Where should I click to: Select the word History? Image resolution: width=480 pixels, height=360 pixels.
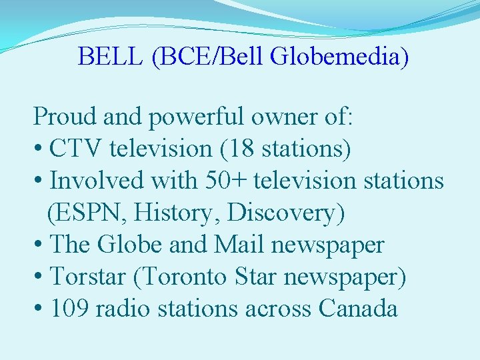click(176, 213)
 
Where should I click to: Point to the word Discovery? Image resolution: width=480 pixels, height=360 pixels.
click(283, 213)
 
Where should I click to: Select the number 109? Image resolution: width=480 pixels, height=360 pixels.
click(69, 309)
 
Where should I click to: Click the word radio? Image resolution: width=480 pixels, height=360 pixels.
click(119, 309)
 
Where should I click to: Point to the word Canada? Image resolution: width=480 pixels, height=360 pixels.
click(358, 309)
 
